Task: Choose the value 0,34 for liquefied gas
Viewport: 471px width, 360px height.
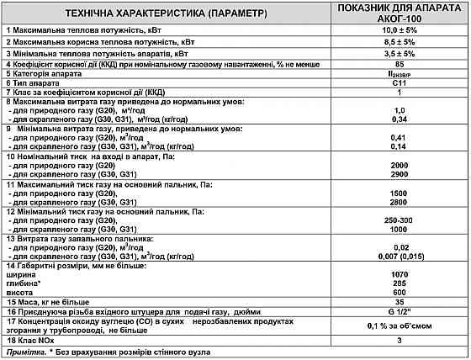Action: coord(400,119)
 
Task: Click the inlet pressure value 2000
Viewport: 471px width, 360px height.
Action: coord(400,164)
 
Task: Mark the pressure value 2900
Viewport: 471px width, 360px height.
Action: coord(400,173)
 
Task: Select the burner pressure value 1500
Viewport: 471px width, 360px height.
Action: coord(400,193)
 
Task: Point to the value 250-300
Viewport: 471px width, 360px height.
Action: coord(400,220)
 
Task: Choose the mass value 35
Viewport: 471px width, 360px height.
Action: coord(400,301)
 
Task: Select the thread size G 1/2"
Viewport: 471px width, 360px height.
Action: coord(400,310)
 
